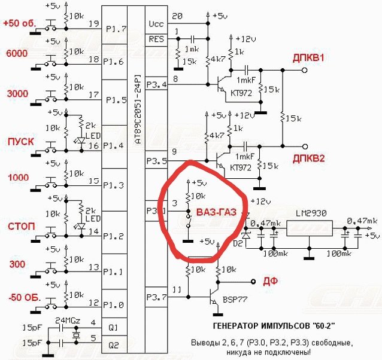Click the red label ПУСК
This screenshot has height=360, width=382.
tap(20, 142)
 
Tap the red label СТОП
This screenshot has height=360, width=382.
tap(20, 227)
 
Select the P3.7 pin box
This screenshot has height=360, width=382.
tap(156, 295)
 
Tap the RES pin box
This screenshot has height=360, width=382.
tap(156, 40)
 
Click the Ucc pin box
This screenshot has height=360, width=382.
tap(156, 24)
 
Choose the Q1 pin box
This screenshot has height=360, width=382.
tap(113, 327)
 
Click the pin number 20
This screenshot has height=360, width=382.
tap(177, 16)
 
